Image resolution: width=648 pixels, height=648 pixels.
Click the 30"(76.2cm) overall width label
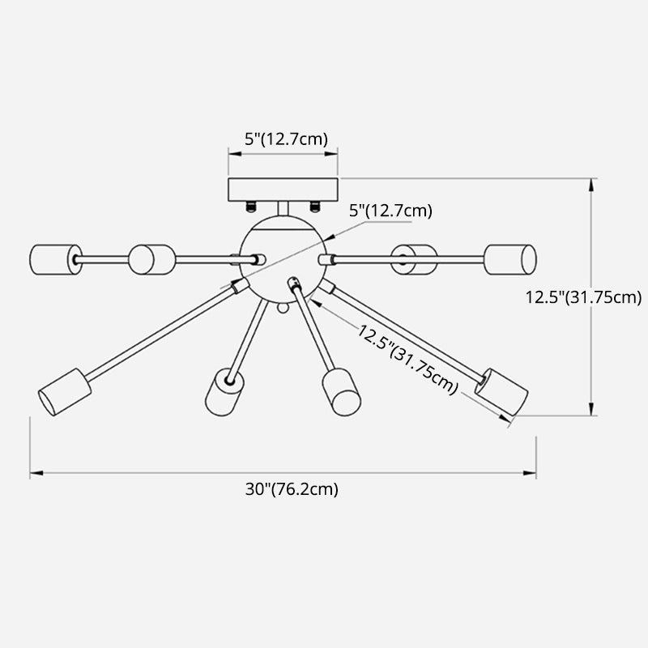pos(291,489)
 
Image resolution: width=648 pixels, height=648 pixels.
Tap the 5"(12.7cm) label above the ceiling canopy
pos(287,139)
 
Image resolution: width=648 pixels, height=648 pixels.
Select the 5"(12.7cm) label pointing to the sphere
pos(390,211)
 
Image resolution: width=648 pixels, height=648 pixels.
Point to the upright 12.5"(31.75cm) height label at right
pos(582,296)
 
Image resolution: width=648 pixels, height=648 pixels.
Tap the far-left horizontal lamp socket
pos(51,258)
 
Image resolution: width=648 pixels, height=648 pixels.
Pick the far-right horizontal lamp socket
pos(510,259)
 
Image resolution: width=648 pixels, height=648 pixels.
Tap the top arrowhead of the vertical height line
pos(593,182)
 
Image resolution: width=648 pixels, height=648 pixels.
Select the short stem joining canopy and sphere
pos(282,209)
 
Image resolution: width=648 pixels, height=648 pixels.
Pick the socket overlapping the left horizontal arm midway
pos(152,259)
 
